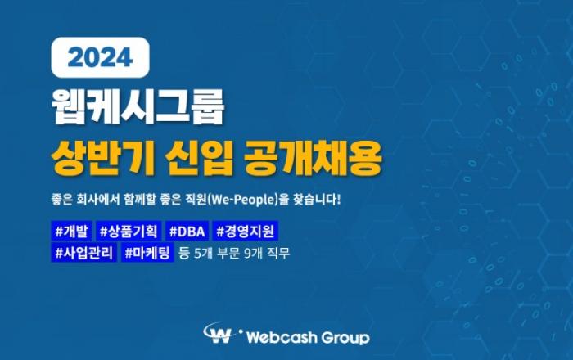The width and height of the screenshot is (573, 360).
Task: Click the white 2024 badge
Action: [100, 57]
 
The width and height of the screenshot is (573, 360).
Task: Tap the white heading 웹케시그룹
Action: [138, 106]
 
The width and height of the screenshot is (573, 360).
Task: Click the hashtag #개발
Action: [72, 231]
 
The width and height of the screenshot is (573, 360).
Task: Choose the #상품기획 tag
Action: [129, 231]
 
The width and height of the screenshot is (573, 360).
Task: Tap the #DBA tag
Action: [187, 231]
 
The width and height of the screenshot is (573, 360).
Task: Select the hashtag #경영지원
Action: [246, 231]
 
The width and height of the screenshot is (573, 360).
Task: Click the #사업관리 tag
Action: [84, 253]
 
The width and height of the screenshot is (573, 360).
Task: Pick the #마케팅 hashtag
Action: [147, 253]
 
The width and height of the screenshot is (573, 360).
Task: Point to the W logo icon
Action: [219, 333]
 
